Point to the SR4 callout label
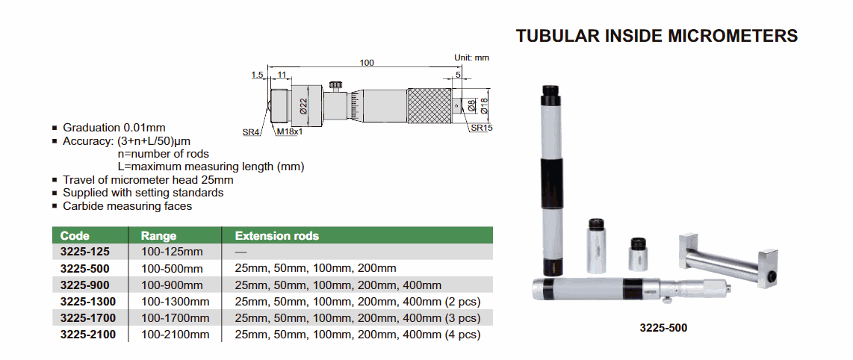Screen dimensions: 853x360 pyautogui.click(x=250, y=131)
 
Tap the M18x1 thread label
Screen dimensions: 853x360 pyautogui.click(x=289, y=131)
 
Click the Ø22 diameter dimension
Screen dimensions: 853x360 pyautogui.click(x=304, y=105)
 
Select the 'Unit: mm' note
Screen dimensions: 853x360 pyautogui.click(x=472, y=57)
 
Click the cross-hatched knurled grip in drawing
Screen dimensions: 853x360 pyautogui.click(x=428, y=105)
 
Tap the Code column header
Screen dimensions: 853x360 pyautogui.click(x=75, y=236)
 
